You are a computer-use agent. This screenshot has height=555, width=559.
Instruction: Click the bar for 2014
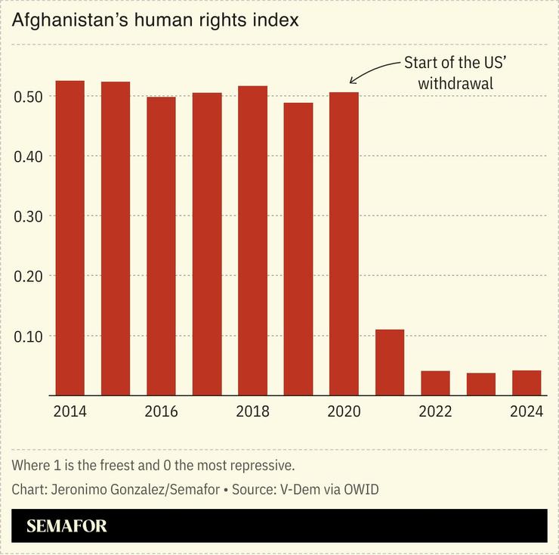pyautogui.click(x=70, y=237)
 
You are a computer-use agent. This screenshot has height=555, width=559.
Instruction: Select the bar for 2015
pyautogui.click(x=116, y=238)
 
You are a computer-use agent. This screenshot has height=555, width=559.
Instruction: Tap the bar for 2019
pyautogui.click(x=298, y=249)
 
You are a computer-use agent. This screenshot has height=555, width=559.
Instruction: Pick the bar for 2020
pyautogui.click(x=344, y=243)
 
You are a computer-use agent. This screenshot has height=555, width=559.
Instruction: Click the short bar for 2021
pyautogui.click(x=390, y=362)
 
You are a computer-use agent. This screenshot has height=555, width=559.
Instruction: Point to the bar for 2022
pyautogui.click(x=435, y=383)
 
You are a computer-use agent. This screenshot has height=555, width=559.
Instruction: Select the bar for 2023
pyautogui.click(x=481, y=383)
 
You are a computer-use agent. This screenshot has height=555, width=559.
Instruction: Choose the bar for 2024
pyautogui.click(x=527, y=383)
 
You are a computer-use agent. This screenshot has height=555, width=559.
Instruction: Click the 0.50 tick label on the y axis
pyautogui.click(x=29, y=97)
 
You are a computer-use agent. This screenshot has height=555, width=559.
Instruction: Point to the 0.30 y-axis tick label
pyautogui.click(x=29, y=216)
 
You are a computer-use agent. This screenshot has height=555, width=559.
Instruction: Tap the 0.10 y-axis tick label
pyautogui.click(x=29, y=336)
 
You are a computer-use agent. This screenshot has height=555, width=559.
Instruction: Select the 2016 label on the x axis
pyautogui.click(x=161, y=411)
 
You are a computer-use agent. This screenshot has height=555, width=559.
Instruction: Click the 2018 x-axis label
pyautogui.click(x=252, y=411)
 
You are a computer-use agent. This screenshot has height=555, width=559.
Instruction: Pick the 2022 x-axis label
pyautogui.click(x=435, y=411)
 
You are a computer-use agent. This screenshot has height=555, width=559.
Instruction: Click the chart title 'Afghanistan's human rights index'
pyautogui.click(x=155, y=20)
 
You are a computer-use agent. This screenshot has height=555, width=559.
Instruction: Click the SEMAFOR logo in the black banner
pyautogui.click(x=66, y=526)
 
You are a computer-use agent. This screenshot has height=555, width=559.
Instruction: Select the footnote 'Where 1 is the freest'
pyautogui.click(x=153, y=464)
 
